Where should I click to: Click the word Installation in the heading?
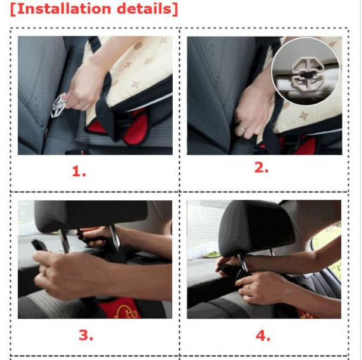64,9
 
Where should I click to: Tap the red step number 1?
79,171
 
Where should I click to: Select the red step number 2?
261,167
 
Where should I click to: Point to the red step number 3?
86,335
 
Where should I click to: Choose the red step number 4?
263,336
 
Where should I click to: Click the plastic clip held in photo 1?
58,105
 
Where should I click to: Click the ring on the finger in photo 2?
242,128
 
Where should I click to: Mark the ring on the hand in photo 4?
249,287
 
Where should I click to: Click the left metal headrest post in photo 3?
64,241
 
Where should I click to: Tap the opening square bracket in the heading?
13,9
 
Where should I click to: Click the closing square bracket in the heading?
175,9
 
